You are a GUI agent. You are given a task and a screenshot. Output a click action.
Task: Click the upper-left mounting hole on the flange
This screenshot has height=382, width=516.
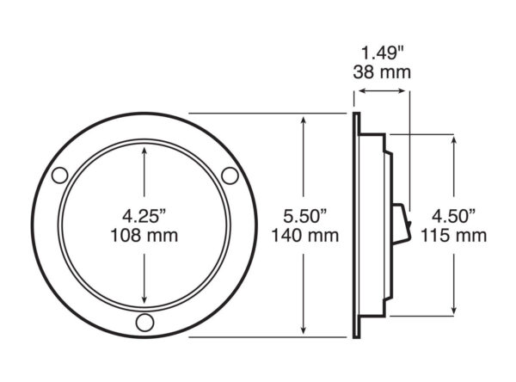click(x=60, y=176)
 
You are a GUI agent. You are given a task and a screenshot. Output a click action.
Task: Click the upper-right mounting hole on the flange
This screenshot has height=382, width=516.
click(x=230, y=176)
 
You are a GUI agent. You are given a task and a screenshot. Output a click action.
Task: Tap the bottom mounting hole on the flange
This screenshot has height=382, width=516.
click(x=144, y=323)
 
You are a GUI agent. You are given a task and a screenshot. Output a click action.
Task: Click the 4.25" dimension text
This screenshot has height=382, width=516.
click(x=144, y=216)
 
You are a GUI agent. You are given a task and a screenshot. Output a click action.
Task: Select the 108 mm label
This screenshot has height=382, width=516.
click(x=144, y=236)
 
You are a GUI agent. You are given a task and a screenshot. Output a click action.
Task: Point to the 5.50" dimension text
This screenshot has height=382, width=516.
click(x=305, y=216)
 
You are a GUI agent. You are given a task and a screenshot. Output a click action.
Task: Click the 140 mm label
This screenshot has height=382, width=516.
click(x=305, y=236)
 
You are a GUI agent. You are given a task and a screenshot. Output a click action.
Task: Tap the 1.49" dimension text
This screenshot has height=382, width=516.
click(x=383, y=53)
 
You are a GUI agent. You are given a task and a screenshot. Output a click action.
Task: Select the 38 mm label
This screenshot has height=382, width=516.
click(x=382, y=72)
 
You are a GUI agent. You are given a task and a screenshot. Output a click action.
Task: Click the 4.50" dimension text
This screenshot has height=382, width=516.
click(x=454, y=216)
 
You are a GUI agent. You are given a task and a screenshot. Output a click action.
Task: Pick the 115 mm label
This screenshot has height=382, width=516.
click(x=454, y=236)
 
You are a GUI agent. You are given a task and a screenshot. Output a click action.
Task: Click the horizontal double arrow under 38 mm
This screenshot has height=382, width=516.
click(x=382, y=91)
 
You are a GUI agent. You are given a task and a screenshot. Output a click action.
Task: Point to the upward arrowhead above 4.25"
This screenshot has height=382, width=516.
click(x=144, y=151)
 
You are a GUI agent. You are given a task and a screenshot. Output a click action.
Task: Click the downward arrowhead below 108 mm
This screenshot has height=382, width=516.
click(x=144, y=299)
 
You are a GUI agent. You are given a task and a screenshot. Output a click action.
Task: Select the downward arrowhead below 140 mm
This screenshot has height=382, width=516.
click(x=304, y=330)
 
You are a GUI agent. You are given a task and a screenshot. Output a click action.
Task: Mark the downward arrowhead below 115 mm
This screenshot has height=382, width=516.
click(x=454, y=310)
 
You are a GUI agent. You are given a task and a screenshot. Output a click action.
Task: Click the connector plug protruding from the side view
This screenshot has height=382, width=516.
click(x=402, y=224)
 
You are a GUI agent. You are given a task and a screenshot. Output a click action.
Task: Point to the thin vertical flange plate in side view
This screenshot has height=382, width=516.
click(x=356, y=225)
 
